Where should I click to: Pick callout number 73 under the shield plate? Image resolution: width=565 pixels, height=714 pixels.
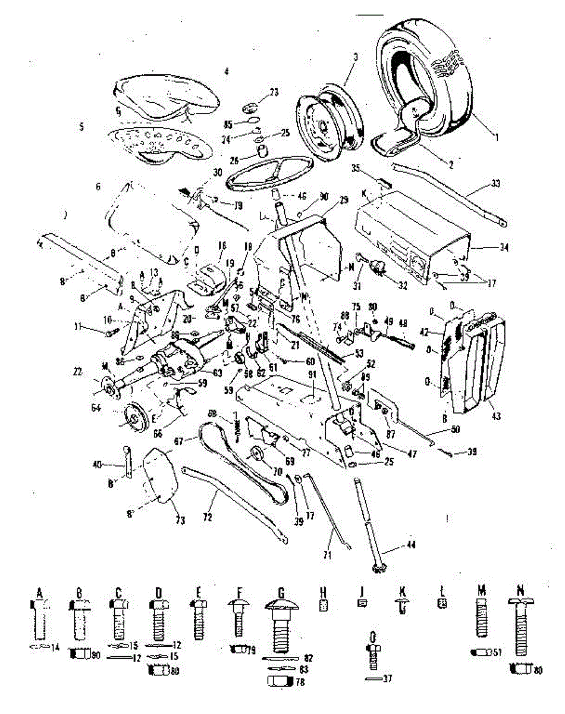tap(179, 521)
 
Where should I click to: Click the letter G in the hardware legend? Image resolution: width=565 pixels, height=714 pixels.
tap(280, 593)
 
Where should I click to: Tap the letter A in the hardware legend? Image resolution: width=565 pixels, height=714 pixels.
tap(39, 593)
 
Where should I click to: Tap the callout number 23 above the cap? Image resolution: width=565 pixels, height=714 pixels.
tap(274, 92)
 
